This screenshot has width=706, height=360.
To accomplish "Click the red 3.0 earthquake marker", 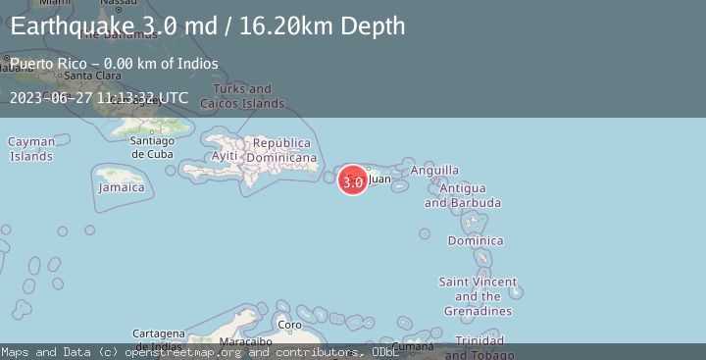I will [353, 180].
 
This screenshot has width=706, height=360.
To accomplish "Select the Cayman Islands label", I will [31, 149].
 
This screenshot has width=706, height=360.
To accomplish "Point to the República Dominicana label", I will [281, 150].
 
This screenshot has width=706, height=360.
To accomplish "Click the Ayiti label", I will [225, 156].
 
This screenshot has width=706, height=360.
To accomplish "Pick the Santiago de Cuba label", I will [152, 146].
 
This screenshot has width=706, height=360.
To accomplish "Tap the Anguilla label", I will [434, 171].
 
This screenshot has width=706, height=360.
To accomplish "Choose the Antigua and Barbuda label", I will [462, 195].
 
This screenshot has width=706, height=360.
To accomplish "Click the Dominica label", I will [476, 240].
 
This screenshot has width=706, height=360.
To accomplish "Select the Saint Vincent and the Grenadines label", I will [478, 296].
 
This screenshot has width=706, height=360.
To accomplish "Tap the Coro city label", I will [290, 325].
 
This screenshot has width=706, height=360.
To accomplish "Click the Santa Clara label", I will [92, 76].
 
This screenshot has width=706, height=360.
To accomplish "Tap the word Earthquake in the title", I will [71, 26].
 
